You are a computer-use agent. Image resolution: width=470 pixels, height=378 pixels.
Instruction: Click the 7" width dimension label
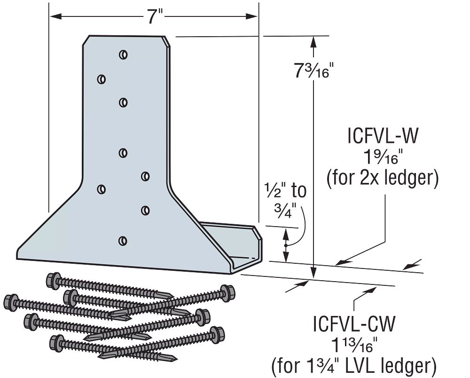pos(154,16)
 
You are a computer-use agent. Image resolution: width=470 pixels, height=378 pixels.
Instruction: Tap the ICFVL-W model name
pos(383,136)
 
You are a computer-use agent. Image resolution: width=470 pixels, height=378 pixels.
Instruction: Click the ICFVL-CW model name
pos(354,323)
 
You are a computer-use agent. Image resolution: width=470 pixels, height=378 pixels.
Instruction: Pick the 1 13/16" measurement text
pos(354,344)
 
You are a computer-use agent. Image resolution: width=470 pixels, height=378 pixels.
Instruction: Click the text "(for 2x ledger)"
pos(383,178)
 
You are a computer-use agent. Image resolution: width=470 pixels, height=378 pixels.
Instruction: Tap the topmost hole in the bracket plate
pos(123,55)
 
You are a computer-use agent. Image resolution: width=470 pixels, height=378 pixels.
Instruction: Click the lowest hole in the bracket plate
pos(123,241)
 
